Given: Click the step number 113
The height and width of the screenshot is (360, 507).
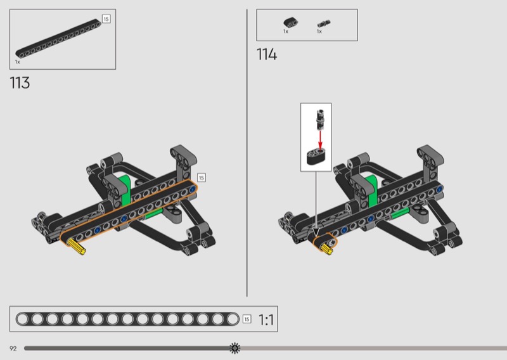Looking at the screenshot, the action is (20, 83).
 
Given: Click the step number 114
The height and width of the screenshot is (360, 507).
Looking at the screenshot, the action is (267, 55).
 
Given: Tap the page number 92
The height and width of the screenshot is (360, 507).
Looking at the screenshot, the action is (13, 349).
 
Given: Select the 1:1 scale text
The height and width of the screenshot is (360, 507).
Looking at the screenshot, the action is (266, 320).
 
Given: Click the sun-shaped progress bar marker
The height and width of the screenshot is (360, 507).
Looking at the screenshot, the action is (234, 348).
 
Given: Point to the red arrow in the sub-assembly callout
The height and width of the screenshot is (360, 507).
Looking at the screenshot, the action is (320, 140).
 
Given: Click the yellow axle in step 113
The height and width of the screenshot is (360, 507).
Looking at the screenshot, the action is (77, 247).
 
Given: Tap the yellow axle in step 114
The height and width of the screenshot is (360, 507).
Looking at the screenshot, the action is (326, 248).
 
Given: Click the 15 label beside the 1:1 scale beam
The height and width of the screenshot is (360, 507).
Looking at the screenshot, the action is (247, 319).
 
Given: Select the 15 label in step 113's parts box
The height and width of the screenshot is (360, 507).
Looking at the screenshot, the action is (106, 19).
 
